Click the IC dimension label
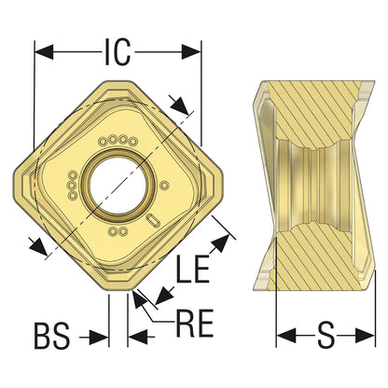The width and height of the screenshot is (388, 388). [x=118, y=51]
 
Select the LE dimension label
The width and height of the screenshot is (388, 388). [x=193, y=269]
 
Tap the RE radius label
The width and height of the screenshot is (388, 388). [x=195, y=323]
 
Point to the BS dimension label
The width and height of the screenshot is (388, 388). [x=52, y=336]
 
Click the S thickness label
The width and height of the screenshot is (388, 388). [x=326, y=335]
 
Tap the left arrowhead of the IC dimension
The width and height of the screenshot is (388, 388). [x=44, y=51]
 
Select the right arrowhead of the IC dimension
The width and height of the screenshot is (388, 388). [x=191, y=51]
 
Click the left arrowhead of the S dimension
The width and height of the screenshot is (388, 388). [x=286, y=336]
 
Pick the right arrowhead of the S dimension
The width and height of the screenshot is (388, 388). [x=365, y=336]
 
